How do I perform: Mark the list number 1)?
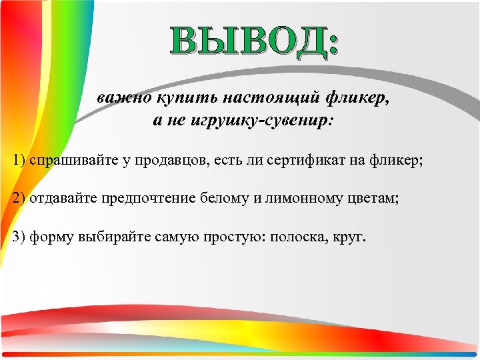tap(19, 160)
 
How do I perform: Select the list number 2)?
tap(19, 198)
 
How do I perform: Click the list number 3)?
tap(19, 237)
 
